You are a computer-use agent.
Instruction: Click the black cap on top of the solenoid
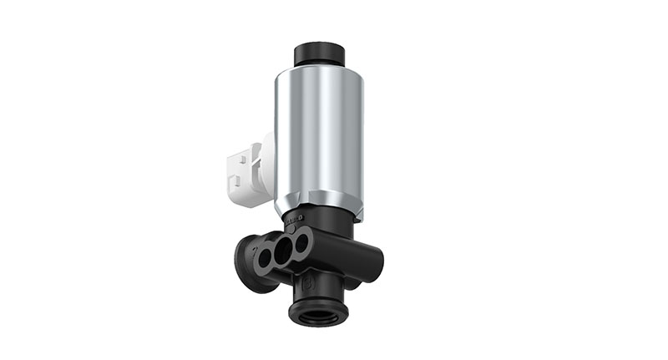pyautogui.click(x=320, y=52)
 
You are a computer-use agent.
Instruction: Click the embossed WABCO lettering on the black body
pyautogui.click(x=297, y=218)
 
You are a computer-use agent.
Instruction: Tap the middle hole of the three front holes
pyautogui.click(x=285, y=250)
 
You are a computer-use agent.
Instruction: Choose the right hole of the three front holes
pyautogui.click(x=302, y=243)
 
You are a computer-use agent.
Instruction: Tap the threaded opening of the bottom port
pyautogui.click(x=316, y=314)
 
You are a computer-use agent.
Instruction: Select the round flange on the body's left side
pyautogui.click(x=249, y=266)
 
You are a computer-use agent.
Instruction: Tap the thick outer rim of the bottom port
pyautogui.click(x=316, y=322)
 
